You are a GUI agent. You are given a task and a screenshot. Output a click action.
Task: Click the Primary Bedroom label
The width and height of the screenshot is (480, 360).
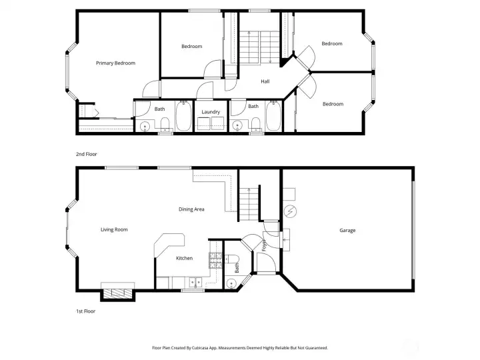[115, 63]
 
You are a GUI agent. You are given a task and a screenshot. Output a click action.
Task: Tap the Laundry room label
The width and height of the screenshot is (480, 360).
[211, 112]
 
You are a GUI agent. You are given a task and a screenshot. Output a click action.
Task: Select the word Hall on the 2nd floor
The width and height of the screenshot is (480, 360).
[265, 81]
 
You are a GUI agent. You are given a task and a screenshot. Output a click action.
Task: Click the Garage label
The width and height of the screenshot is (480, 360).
[347, 230]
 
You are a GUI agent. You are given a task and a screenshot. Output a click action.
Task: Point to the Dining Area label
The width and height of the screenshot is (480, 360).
[191, 209]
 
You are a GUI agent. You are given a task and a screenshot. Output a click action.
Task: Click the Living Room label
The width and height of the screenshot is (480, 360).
[114, 229]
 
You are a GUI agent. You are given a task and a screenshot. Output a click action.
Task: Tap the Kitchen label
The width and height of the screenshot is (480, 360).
[184, 259]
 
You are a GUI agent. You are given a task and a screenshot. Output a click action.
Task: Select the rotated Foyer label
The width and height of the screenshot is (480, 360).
[264, 245]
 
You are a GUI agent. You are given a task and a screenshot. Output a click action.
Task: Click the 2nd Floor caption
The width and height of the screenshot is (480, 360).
[86, 154]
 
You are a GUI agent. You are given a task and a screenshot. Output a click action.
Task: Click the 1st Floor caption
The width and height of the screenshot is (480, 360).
[86, 311]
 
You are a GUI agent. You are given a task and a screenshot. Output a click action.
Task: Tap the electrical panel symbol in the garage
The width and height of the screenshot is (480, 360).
[290, 211]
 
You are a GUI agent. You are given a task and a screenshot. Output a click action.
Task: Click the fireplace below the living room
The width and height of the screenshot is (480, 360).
[118, 294]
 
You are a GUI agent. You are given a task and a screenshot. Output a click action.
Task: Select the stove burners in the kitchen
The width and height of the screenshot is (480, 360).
[215, 260]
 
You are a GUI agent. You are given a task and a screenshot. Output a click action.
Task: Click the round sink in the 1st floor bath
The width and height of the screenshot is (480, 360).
[231, 284]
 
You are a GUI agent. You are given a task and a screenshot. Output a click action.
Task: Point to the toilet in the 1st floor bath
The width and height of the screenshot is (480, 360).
[232, 259]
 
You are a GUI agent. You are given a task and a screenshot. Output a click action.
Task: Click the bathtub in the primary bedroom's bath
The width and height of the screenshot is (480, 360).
[184, 117]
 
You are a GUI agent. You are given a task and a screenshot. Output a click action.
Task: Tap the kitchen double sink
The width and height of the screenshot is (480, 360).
[195, 282]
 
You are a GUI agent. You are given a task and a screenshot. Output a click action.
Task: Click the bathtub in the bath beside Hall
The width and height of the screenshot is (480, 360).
[273, 116]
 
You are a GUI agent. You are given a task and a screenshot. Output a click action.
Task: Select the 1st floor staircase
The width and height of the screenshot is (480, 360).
[249, 205]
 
